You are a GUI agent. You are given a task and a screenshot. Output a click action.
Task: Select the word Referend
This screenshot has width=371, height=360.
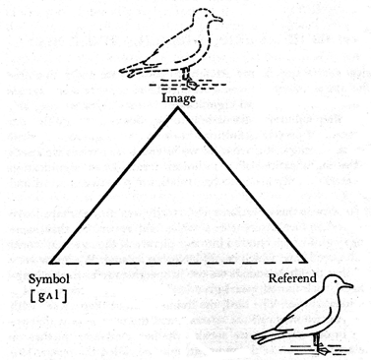click(291, 279)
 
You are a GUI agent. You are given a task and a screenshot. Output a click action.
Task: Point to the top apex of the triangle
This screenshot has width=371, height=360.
click(178, 107)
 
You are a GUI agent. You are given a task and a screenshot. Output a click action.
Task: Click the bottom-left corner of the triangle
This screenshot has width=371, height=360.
click(47, 265)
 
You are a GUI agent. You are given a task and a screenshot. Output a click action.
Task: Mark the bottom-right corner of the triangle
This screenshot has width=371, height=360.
click(307, 265)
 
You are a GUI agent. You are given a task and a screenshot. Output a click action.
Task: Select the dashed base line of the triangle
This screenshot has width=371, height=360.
click(177, 265)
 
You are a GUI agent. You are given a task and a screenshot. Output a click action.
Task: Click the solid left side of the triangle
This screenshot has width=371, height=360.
click(113, 185)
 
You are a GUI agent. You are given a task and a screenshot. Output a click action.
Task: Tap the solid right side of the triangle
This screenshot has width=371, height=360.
click(242, 185)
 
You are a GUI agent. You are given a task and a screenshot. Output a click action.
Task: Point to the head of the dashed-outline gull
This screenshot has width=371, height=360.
click(204, 19)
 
